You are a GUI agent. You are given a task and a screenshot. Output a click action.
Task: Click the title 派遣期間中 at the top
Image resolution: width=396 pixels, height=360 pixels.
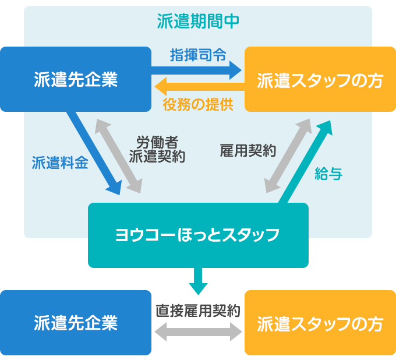coord(198,22)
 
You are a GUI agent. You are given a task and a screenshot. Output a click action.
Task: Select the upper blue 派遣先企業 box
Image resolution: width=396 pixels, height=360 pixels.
coord(76,79)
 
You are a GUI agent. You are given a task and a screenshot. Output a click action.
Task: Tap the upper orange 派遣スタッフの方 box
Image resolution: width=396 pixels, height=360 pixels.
coord(320,79)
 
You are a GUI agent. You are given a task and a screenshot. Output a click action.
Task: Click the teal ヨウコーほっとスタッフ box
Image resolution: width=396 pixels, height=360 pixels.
coord(198,235)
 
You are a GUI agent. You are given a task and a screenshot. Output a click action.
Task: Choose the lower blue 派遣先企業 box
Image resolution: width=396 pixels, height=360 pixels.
coord(76,323)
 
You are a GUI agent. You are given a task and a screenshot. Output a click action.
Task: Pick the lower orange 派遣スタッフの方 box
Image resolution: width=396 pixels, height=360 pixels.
coord(320,323)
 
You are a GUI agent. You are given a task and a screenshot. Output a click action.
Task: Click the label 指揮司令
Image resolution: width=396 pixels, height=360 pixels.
coord(198,55)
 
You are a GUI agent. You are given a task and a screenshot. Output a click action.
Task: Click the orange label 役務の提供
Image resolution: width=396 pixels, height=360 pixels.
coord(198,105)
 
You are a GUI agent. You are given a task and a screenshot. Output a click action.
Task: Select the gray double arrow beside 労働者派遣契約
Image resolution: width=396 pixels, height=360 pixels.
coord(119,156)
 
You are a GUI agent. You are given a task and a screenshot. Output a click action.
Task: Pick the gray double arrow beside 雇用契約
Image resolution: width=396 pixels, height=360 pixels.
coord(288,156)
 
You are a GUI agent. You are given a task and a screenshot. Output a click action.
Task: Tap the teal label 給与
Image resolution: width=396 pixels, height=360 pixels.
coord(328,173)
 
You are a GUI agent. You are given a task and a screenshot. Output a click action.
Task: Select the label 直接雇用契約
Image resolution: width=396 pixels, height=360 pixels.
coord(198,310)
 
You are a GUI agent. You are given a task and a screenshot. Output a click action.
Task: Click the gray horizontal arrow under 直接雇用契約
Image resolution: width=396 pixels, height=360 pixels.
coord(198,333)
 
